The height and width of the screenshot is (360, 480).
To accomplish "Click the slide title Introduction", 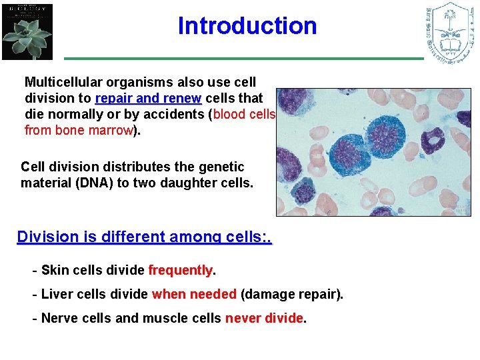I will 247,26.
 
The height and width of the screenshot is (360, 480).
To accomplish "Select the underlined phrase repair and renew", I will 148,99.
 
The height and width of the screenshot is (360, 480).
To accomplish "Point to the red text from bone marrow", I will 79,130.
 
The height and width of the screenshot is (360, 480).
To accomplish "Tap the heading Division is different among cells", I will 144,237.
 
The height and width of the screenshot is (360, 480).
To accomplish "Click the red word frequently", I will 180,270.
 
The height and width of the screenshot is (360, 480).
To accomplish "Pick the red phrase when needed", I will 194,294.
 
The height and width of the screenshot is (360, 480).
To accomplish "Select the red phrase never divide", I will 264,318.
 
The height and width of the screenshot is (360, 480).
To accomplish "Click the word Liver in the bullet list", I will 55,294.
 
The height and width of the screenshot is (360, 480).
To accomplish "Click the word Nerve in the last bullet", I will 58,318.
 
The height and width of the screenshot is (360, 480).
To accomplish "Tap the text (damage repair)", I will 291,294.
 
